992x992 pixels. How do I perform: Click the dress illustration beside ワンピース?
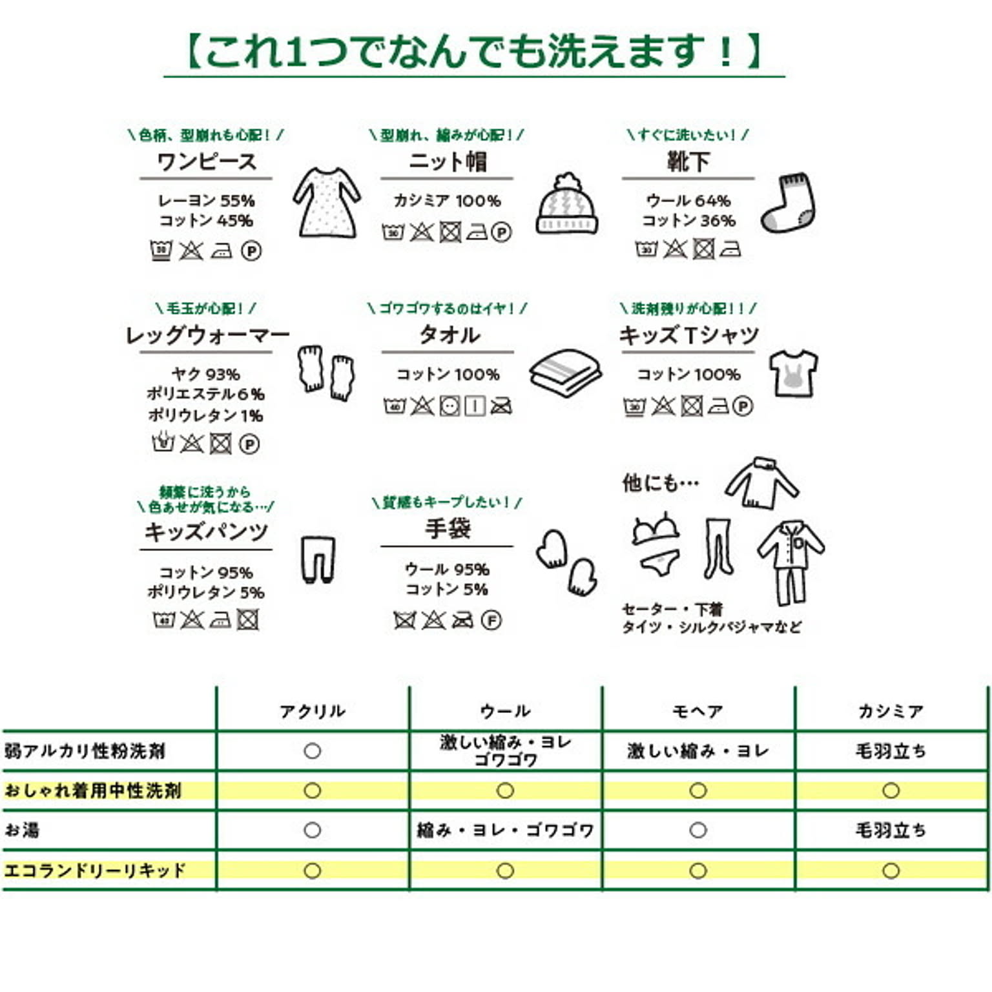[x=327, y=202]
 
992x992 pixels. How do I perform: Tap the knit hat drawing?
[x=566, y=205]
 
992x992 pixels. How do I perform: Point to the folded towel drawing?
[x=566, y=373]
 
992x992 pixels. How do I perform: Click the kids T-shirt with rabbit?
[x=793, y=373]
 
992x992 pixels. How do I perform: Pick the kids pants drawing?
[x=318, y=559]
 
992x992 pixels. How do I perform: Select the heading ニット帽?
[x=448, y=161]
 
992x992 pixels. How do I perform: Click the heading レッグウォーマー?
[x=207, y=335]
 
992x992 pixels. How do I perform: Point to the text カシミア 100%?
[x=448, y=201]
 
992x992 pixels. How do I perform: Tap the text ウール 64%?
[x=688, y=201]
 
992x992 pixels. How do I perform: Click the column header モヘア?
[x=697, y=711]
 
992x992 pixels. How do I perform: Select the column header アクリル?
[x=313, y=711]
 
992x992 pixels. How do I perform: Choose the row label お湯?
[x=22, y=830]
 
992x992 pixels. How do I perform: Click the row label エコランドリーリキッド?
[x=95, y=870]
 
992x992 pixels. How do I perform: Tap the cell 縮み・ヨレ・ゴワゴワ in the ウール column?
[x=505, y=830]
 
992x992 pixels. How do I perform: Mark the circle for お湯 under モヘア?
[x=697, y=830]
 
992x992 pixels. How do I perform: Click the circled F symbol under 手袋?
[x=491, y=621]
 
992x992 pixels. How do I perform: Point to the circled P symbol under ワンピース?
[x=251, y=251]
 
